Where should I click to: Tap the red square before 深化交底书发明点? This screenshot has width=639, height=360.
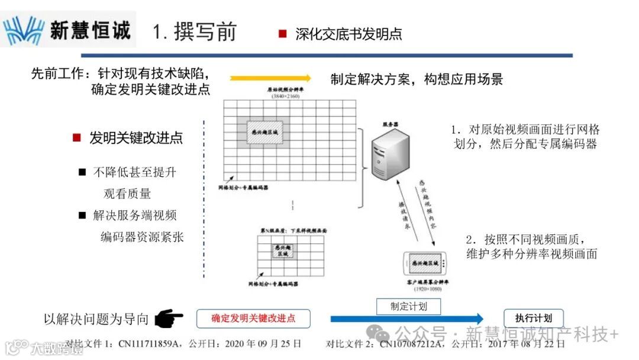(x=283, y=34)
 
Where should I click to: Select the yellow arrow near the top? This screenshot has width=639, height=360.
(x=270, y=78)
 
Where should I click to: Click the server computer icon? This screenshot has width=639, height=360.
(x=388, y=153)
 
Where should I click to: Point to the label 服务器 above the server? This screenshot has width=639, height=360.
(x=390, y=124)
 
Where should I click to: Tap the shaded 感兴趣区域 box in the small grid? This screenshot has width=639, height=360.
(x=283, y=250)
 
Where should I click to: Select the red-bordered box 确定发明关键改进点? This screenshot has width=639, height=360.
(x=253, y=318)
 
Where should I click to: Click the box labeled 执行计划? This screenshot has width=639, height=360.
(x=534, y=317)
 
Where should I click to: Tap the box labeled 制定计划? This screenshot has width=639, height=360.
(x=408, y=306)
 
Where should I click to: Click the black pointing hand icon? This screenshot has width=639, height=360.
(x=168, y=319)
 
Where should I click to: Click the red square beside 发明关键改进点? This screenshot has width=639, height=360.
(x=76, y=138)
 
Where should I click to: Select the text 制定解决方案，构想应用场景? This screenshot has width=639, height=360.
(x=417, y=79)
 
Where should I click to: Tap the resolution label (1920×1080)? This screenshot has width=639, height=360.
(x=424, y=288)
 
